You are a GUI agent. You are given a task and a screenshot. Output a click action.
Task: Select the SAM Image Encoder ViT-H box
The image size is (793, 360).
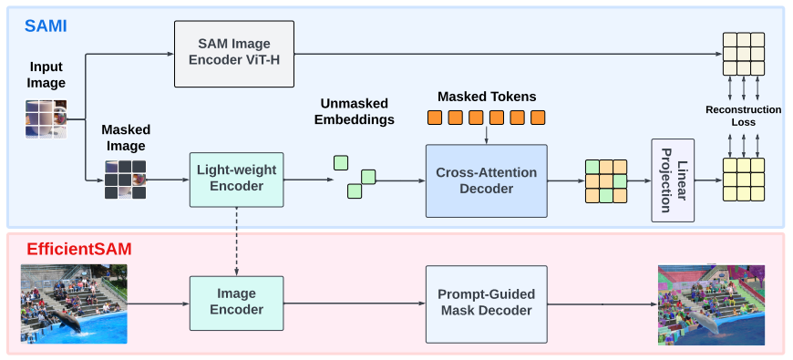click(234, 55)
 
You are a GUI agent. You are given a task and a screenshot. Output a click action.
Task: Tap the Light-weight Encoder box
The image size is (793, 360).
click(236, 179)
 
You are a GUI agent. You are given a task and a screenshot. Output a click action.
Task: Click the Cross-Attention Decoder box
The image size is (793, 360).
click(486, 180)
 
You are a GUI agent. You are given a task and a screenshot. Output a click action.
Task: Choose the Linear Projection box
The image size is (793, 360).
click(672, 180)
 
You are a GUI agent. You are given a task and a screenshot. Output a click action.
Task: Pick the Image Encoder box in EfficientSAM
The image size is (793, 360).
click(236, 303)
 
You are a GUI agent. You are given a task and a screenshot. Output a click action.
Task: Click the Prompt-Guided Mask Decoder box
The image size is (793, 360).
click(486, 303)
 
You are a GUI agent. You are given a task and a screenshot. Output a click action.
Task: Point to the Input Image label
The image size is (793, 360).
click(46, 75)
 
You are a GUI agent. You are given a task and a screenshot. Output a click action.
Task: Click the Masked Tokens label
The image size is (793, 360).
click(487, 97)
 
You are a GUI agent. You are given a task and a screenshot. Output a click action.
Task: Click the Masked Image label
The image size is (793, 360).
click(126, 137)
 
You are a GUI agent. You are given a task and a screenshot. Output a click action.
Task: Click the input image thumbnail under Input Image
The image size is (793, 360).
click(46, 118)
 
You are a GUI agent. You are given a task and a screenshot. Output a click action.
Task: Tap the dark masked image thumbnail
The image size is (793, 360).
click(125, 180)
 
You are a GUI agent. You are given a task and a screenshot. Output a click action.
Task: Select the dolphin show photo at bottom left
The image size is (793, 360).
click(74, 303)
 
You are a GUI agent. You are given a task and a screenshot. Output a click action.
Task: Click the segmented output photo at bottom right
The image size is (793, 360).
click(711, 305)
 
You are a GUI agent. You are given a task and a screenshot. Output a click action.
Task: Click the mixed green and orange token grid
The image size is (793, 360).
click(605, 180)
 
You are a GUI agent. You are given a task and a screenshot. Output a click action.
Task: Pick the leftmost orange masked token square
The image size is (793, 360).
click(435, 118)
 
